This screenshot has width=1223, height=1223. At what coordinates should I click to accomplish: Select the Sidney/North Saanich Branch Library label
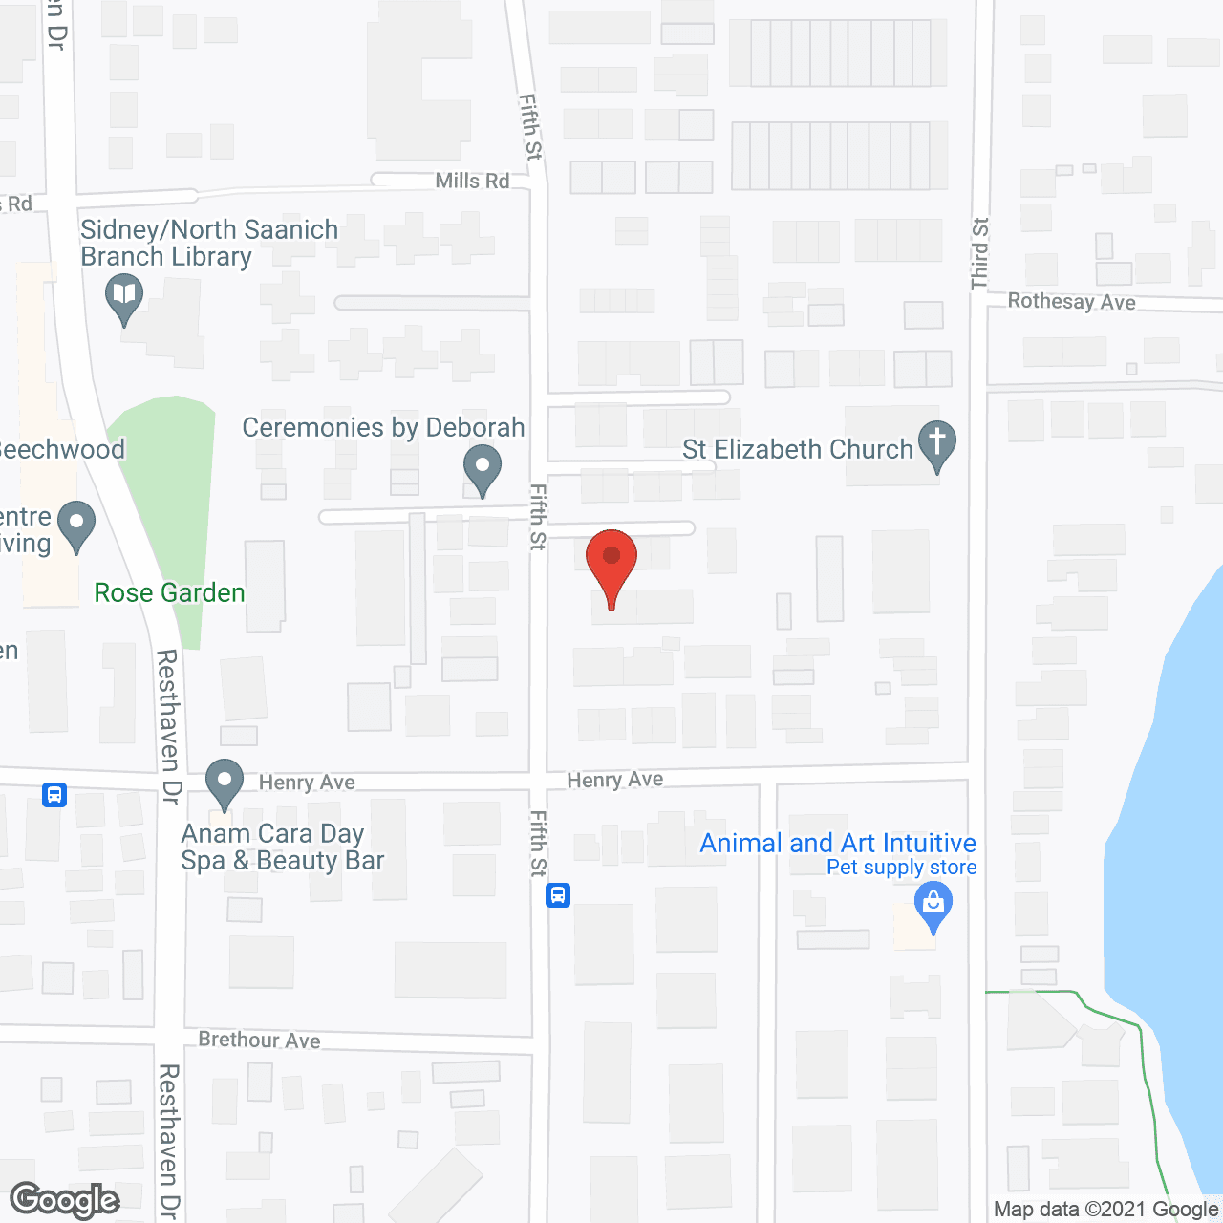click(x=209, y=244)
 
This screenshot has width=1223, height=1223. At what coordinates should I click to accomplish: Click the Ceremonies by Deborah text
click(x=383, y=427)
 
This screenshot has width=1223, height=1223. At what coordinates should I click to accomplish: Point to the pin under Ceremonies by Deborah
click(x=483, y=469)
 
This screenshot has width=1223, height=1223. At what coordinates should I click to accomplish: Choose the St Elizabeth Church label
click(x=798, y=449)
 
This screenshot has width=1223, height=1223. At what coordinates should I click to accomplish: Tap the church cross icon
click(x=937, y=442)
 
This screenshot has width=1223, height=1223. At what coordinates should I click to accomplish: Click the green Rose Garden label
click(x=169, y=593)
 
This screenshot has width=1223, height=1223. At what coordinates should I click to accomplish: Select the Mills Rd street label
click(x=472, y=181)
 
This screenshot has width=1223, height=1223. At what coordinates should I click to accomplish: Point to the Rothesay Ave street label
click(x=1071, y=302)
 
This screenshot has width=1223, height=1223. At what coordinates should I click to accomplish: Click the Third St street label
click(x=980, y=254)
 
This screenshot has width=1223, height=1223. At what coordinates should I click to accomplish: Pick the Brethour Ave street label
click(x=259, y=1040)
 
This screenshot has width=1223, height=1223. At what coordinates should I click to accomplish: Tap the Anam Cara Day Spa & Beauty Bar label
click(x=282, y=848)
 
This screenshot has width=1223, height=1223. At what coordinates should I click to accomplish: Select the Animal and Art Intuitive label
click(x=838, y=843)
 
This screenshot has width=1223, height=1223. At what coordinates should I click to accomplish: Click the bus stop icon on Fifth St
click(x=558, y=895)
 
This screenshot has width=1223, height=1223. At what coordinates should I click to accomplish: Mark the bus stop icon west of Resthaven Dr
click(x=54, y=794)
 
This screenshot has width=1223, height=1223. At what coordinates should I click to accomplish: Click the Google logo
click(x=65, y=1200)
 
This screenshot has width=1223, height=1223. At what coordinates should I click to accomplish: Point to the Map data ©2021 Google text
click(x=1105, y=1210)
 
